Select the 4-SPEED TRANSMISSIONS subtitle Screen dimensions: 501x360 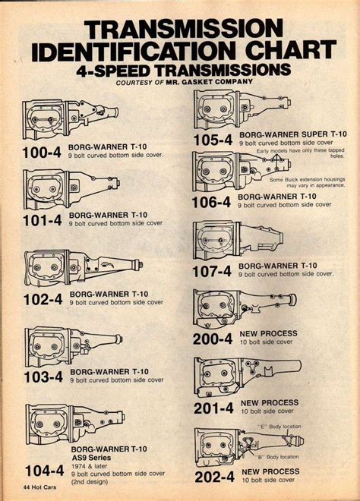(x=183, y=71)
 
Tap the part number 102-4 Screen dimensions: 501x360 (x=43, y=298)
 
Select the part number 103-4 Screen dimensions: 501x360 (x=43, y=376)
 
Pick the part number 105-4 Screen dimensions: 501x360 (x=211, y=140)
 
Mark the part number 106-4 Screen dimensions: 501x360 (x=211, y=202)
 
